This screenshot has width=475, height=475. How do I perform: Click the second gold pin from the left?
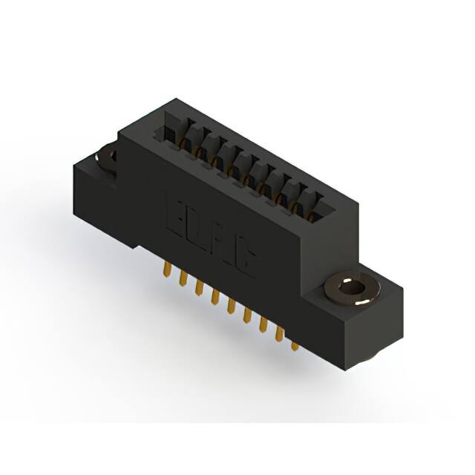(182, 279)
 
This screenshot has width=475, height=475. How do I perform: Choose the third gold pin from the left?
(198, 289)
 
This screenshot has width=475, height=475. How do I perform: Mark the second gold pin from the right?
(278, 335)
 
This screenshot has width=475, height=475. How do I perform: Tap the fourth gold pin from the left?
(214, 298)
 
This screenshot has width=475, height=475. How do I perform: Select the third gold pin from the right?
(262, 326)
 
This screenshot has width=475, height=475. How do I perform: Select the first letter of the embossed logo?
(178, 215)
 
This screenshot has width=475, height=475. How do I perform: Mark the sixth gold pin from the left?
(246, 316)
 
